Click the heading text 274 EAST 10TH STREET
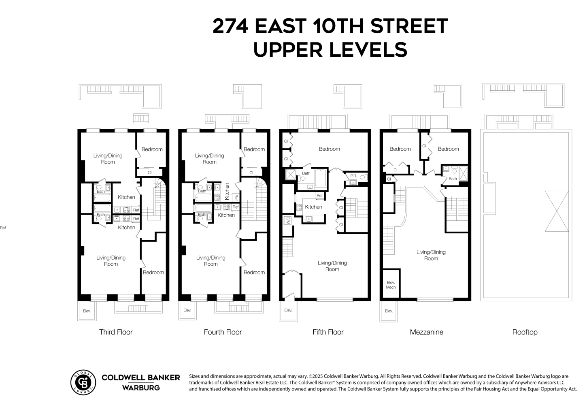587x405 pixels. (x=330, y=26)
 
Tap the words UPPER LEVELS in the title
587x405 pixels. (x=330, y=49)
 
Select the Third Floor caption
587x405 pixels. (x=116, y=332)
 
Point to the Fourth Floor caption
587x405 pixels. (x=223, y=332)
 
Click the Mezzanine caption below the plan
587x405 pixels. (x=426, y=332)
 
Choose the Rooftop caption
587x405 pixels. (x=525, y=332)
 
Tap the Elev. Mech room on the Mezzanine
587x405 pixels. (x=391, y=285)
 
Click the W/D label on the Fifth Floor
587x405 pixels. (x=288, y=221)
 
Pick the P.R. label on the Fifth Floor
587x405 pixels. (x=353, y=176)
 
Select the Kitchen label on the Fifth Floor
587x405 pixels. (x=313, y=207)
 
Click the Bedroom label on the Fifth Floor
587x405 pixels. (x=329, y=149)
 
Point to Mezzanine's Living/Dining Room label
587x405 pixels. (x=431, y=255)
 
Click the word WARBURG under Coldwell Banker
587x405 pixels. (x=140, y=388)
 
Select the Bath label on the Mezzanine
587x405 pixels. (x=453, y=179)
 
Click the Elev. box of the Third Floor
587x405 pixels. (x=86, y=311)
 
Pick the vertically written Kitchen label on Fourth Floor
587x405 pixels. (x=227, y=191)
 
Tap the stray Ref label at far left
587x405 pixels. (x=3, y=228)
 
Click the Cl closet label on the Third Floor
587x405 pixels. (x=149, y=173)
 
